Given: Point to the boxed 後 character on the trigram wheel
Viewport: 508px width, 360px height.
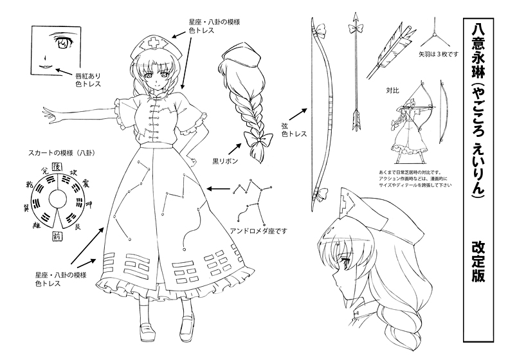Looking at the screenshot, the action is (x=55, y=165).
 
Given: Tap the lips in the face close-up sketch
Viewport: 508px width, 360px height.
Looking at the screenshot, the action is (x=46, y=67).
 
